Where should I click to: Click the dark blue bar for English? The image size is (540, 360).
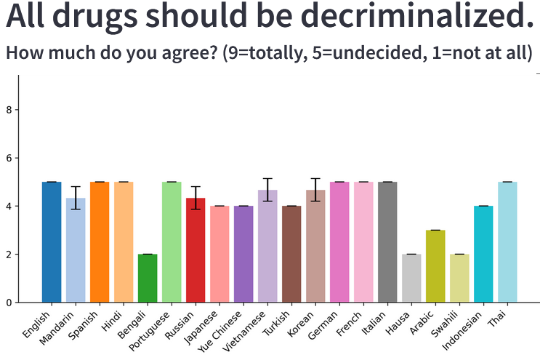52,242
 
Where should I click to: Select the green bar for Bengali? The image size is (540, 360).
148,278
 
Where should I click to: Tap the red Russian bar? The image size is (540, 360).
196,250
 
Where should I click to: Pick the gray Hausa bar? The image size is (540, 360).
411,278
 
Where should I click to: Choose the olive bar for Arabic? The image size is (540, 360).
435,266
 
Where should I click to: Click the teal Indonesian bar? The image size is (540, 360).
483,254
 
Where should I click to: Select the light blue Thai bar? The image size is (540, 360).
507,242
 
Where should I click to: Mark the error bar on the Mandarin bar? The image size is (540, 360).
76,197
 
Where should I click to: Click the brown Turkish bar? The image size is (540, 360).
291,254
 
